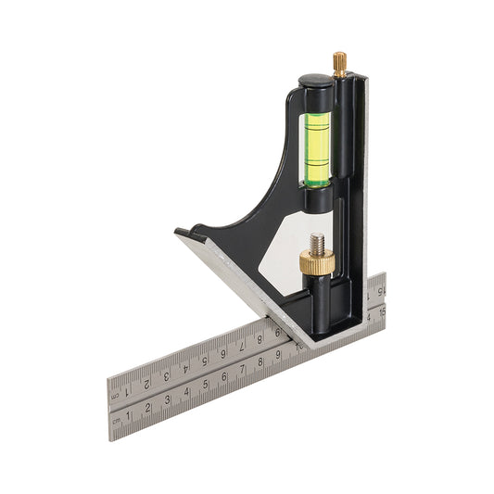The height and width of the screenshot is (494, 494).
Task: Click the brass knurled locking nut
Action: [x=314, y=264]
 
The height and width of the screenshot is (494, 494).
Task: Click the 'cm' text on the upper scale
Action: [x=117, y=392]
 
